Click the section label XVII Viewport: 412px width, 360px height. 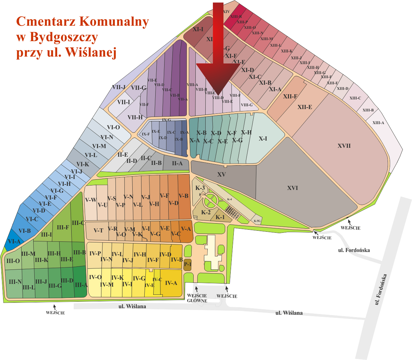344,146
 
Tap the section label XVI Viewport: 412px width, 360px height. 292,188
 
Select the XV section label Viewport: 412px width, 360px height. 222,175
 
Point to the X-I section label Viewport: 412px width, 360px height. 263,139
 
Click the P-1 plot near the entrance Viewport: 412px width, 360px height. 187,264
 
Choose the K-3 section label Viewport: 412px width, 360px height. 200,188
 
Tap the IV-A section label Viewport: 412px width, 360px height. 171,283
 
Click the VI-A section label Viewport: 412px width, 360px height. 14,241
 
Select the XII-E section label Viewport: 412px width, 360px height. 305,107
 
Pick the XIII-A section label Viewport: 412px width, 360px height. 378,123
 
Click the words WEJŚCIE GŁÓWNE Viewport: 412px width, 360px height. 197,298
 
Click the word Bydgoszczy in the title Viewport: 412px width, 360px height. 57,37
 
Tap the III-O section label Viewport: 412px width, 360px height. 13,261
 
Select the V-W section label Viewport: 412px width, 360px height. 91,200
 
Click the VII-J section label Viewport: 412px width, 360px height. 119,87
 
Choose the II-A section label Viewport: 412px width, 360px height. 177,164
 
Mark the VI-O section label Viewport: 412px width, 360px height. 113,127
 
